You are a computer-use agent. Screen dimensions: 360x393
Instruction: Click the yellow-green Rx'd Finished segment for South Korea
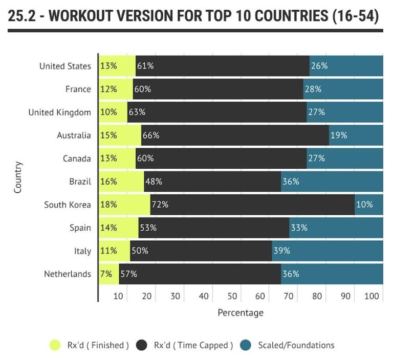coord(124,205)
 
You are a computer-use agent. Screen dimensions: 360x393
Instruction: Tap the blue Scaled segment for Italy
coord(327,251)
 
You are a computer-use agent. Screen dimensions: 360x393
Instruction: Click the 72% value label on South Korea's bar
coord(160,205)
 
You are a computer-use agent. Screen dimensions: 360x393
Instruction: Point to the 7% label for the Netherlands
coord(106,274)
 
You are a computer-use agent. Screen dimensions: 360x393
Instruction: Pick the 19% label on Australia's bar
coord(339,136)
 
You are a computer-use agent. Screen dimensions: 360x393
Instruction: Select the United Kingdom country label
coord(59,112)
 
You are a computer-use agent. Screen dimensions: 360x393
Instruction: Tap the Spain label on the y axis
coord(80,228)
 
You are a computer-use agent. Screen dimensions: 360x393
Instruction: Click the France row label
coord(78,89)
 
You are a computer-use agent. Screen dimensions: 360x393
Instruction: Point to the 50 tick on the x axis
coord(232,296)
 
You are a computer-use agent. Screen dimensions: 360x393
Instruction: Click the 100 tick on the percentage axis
coord(374,296)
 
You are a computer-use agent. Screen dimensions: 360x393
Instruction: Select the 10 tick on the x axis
coord(118,296)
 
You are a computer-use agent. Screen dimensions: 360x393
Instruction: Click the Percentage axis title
coord(241,312)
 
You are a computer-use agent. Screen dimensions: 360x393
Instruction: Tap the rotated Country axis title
coord(18,177)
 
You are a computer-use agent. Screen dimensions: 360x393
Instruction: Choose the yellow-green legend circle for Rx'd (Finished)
coord(55,345)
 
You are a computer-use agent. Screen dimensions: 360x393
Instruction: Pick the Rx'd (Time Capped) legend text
coord(193,345)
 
